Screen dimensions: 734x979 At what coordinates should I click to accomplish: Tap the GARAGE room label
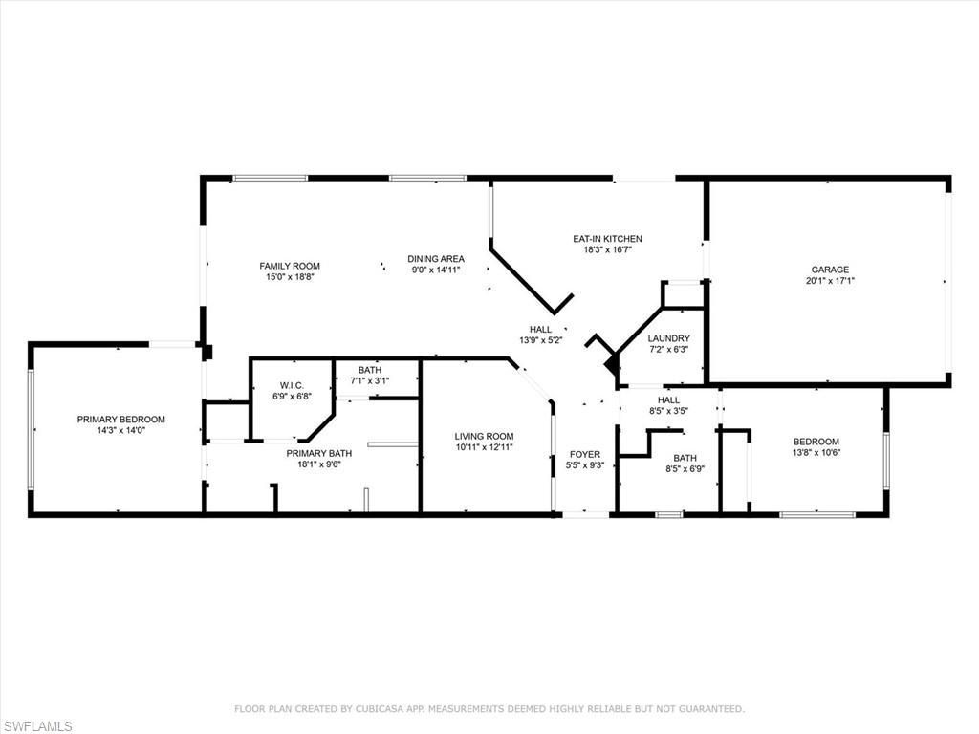[x=830, y=270]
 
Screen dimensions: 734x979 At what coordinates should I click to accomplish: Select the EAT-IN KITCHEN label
[x=607, y=239]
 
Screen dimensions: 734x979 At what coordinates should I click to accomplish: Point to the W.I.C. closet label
[x=292, y=385]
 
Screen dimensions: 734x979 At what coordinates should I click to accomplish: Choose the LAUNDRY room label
[x=668, y=338]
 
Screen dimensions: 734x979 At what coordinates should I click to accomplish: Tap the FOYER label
[x=585, y=454]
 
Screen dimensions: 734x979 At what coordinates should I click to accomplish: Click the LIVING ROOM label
[x=484, y=436]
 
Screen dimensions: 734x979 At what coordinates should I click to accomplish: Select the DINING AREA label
[x=436, y=258]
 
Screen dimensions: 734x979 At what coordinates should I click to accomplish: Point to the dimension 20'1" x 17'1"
[x=830, y=281]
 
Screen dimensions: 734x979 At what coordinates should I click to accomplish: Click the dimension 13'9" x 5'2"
[x=541, y=340]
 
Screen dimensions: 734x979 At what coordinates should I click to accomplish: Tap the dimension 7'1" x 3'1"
[x=369, y=381]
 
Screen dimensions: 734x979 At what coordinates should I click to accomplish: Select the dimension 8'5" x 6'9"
[x=685, y=469]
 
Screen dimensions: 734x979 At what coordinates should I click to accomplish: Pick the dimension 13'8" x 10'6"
[x=816, y=453]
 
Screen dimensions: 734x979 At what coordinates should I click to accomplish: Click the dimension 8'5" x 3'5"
[x=668, y=412]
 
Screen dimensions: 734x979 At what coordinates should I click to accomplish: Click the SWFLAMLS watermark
[x=37, y=726]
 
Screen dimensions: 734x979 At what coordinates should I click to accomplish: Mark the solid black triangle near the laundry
[x=610, y=365]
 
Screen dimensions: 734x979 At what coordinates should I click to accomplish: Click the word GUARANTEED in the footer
[x=707, y=709]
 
